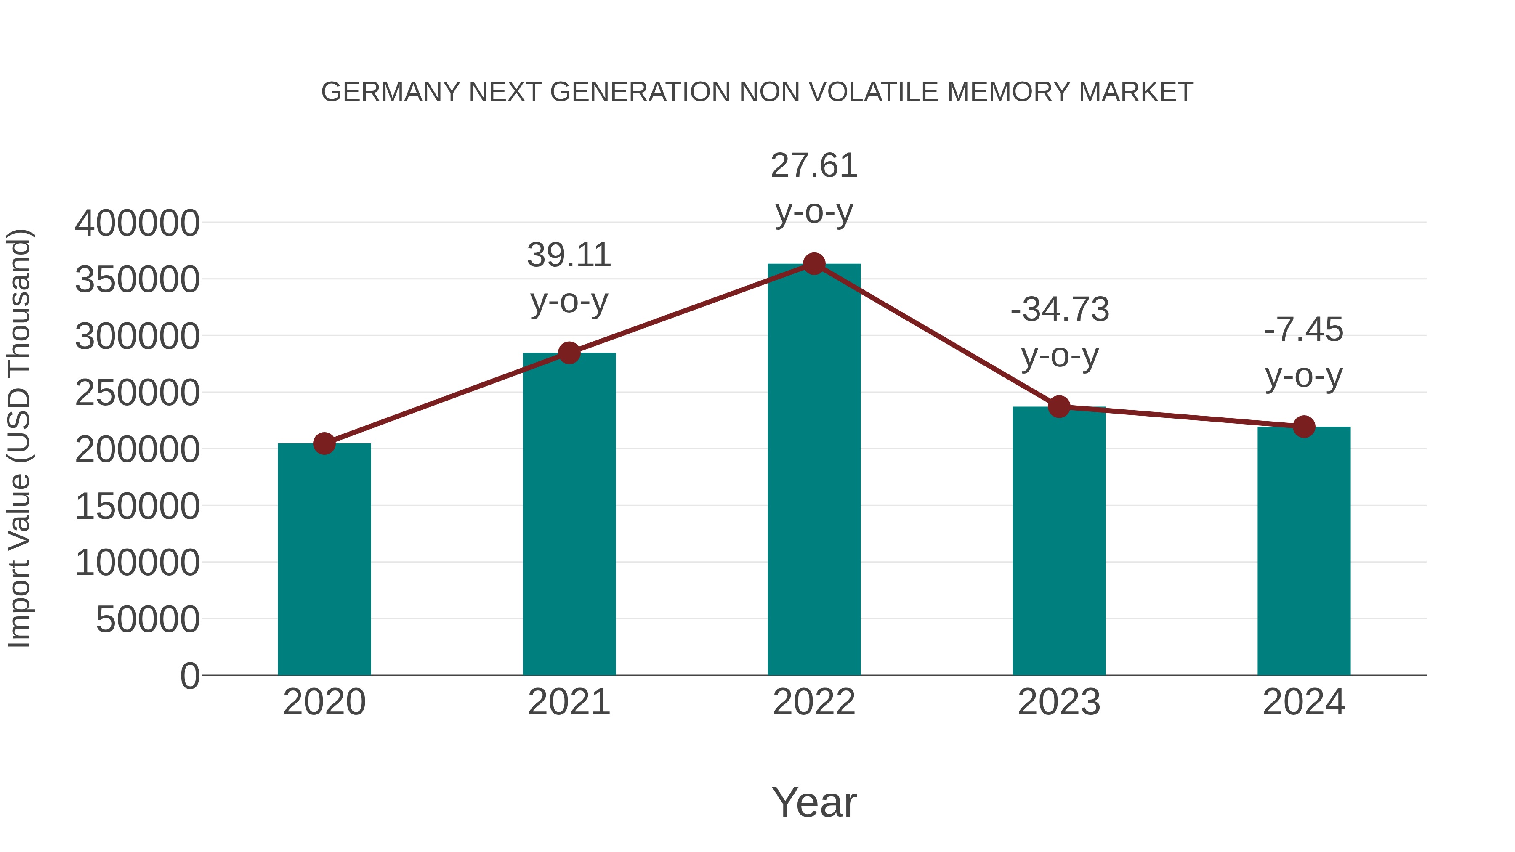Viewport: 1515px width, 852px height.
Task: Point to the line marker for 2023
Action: [x=1059, y=406]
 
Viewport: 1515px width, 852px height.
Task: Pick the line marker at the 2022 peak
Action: [x=814, y=264]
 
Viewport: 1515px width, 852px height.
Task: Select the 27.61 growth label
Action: [x=814, y=165]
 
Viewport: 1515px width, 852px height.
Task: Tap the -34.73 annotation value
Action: [x=1060, y=309]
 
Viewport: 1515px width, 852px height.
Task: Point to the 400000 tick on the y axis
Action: [x=137, y=223]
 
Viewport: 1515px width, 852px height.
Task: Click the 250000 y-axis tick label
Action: [x=137, y=393]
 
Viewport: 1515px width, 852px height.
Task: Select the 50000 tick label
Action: [x=148, y=619]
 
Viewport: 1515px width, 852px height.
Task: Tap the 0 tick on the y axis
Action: [x=190, y=676]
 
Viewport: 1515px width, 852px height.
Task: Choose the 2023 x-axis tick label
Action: [x=1059, y=702]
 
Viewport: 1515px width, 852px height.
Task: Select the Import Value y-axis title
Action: [x=19, y=438]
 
